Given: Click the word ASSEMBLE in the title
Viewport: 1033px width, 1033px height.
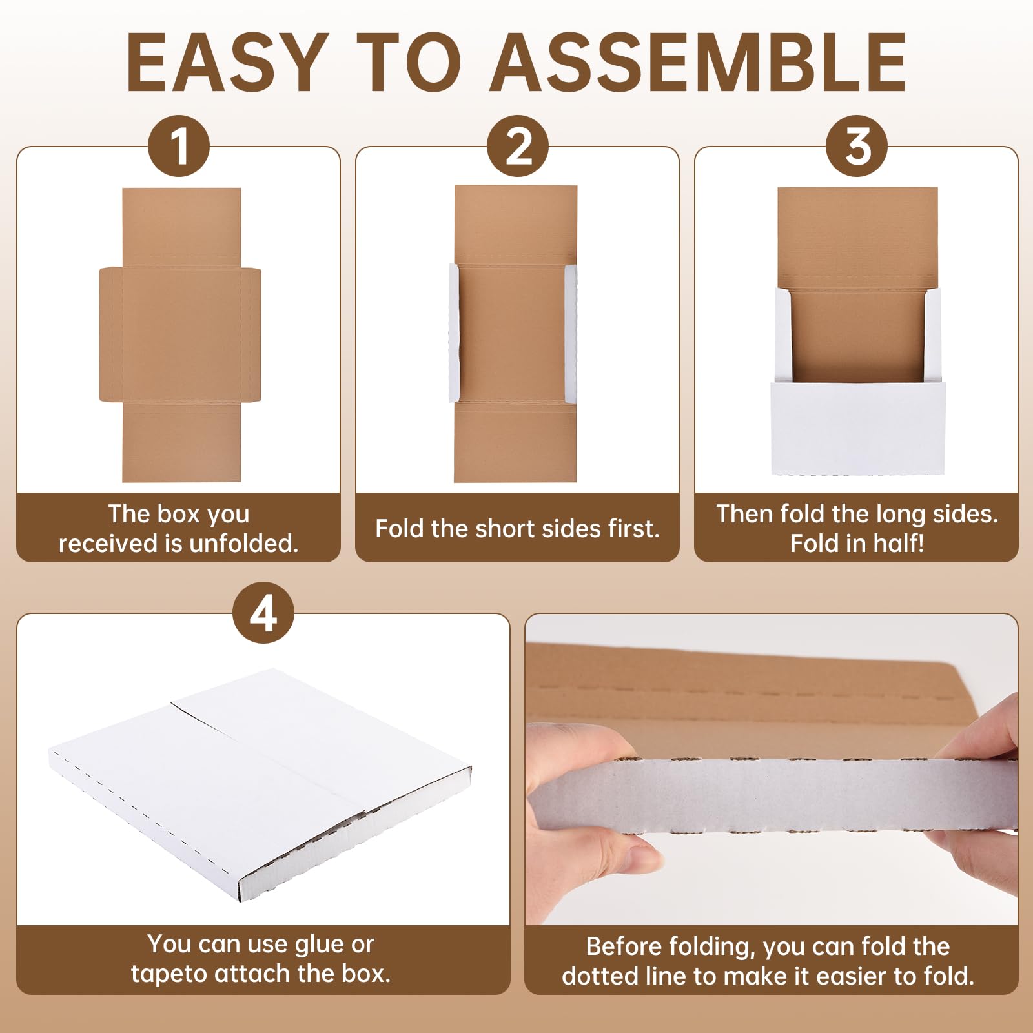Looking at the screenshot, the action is pos(699,63).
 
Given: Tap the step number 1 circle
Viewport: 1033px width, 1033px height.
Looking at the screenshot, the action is pos(179,146).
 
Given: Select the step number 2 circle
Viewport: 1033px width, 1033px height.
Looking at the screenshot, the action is pos(518,146).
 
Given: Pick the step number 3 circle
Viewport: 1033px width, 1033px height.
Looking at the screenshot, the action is pos(857,146).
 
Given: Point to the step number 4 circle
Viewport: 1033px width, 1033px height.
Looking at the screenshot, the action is pos(263,613).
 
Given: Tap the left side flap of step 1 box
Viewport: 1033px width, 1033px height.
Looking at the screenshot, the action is pos(110,334).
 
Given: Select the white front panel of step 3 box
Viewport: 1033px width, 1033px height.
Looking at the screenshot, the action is pos(858,428).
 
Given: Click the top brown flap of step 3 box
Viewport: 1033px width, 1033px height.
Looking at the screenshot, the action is pos(857,238).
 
